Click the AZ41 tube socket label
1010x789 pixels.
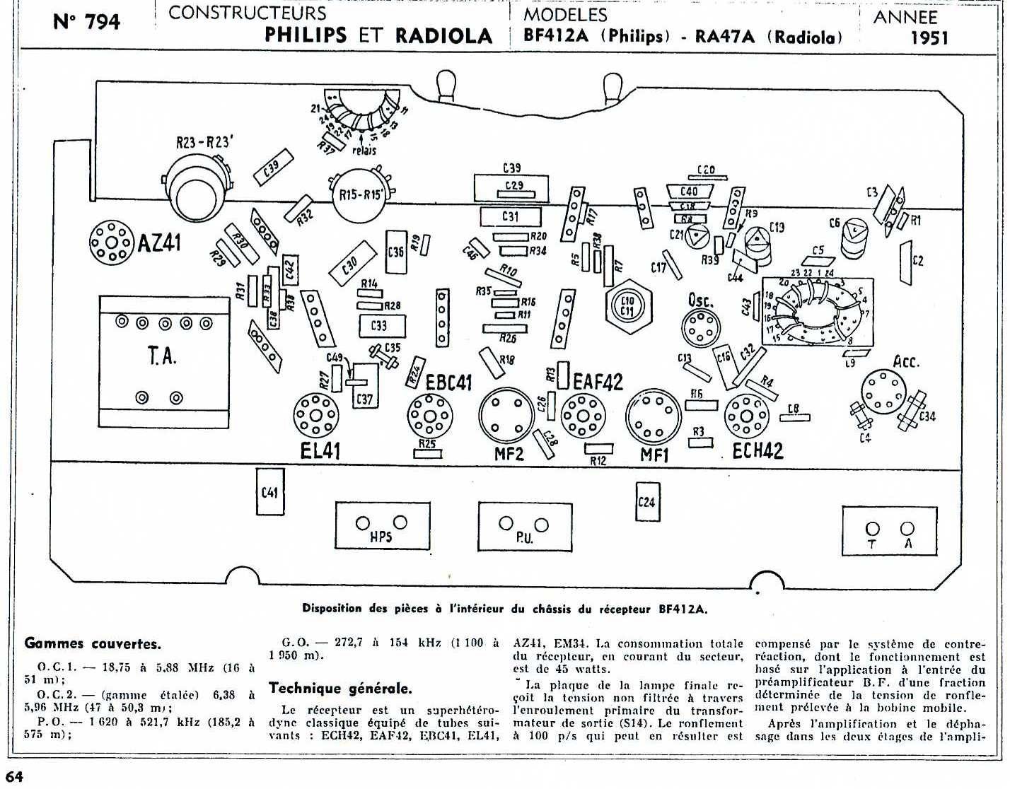[x=159, y=242]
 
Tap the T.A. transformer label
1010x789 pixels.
[x=162, y=356]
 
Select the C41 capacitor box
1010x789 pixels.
[x=269, y=491]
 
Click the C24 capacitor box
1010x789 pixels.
[x=646, y=502]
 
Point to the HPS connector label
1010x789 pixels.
[x=381, y=537]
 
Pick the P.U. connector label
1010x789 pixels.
[x=524, y=538]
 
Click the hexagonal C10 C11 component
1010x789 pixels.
[x=627, y=306]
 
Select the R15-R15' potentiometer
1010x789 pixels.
[x=358, y=193]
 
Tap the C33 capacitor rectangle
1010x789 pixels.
[x=379, y=326]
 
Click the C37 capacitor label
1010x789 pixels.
[x=364, y=399]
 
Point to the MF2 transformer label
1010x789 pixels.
[x=509, y=453]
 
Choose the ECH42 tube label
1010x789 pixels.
[x=757, y=450]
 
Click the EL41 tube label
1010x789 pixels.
[x=320, y=450]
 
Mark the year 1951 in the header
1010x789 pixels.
[x=929, y=37]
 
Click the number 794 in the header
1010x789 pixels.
[x=103, y=22]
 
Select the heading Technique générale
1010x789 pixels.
[x=339, y=688]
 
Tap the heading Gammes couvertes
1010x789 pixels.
[x=93, y=643]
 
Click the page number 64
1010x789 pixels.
[x=15, y=777]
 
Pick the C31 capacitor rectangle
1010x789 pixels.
[x=511, y=216]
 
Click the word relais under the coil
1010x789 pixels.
[x=364, y=150]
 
